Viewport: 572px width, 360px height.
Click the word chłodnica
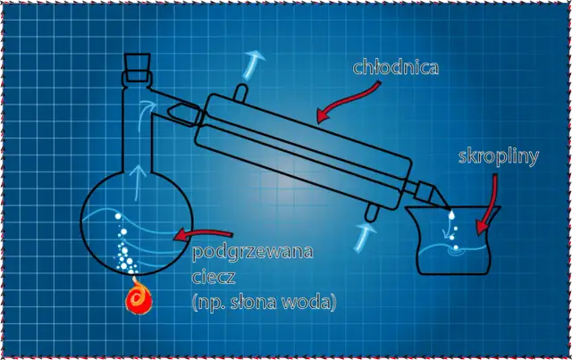tap(395, 68)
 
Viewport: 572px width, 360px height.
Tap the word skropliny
tap(499, 157)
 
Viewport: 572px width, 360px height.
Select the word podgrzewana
tap(252, 253)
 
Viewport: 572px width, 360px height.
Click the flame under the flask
tap(139, 297)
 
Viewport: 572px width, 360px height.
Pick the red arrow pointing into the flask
tap(203, 235)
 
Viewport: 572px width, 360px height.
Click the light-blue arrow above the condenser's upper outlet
tap(252, 65)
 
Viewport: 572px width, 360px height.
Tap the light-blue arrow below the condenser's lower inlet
tap(364, 238)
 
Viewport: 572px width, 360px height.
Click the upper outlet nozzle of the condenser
tap(240, 92)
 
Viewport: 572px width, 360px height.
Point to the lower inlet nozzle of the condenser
tap(372, 213)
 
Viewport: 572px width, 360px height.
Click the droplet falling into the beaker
tap(451, 214)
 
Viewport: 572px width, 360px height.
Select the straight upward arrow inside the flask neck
tap(138, 182)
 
